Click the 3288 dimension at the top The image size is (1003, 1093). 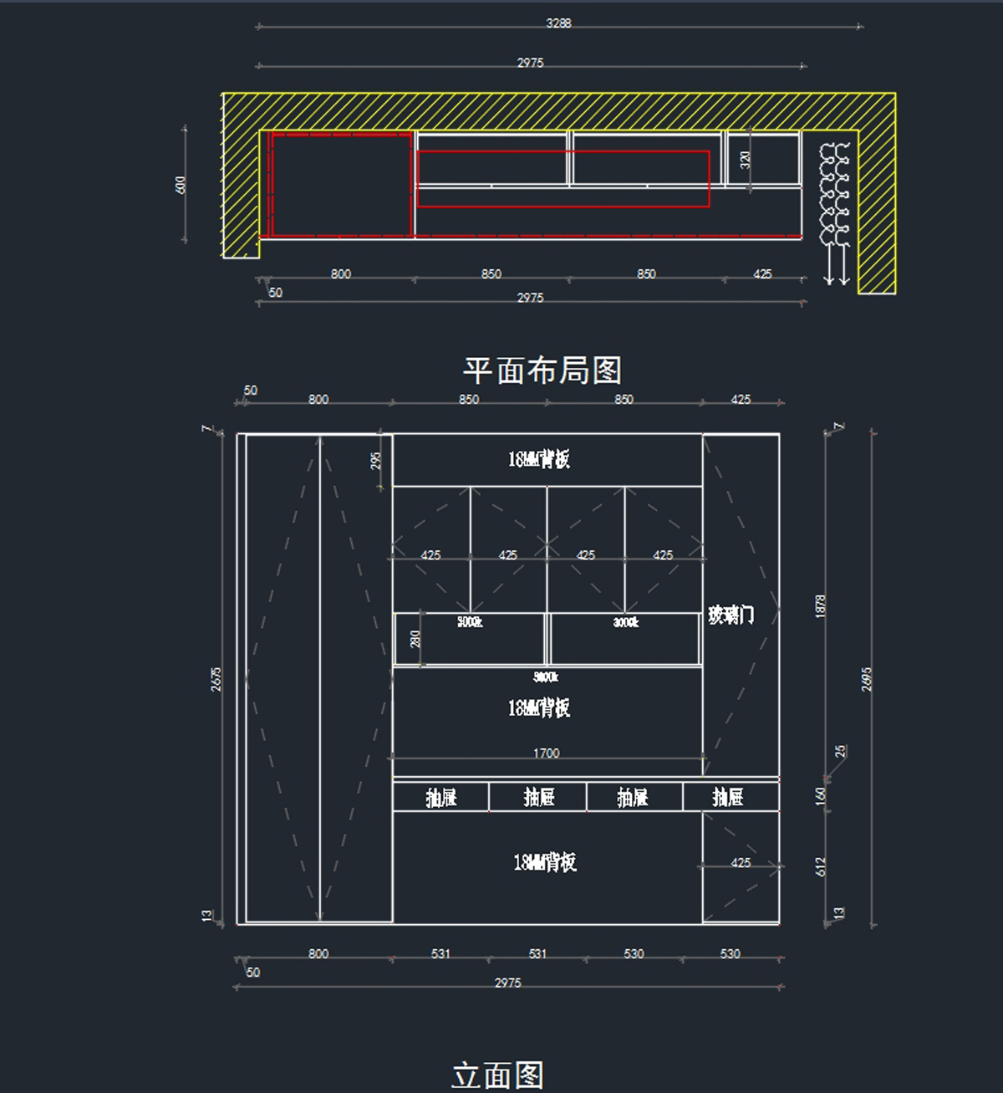pyautogui.click(x=558, y=23)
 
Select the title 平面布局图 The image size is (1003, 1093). pyautogui.click(x=542, y=370)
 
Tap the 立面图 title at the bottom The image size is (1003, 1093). pyautogui.click(x=498, y=1075)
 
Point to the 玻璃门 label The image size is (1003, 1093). pyautogui.click(x=731, y=615)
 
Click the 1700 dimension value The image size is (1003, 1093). pyautogui.click(x=546, y=753)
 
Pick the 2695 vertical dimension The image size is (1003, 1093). pyautogui.click(x=867, y=679)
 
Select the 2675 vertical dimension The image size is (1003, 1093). pyautogui.click(x=216, y=679)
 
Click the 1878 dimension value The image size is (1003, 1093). pyautogui.click(x=821, y=606)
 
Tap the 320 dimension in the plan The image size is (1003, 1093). pyautogui.click(x=746, y=159)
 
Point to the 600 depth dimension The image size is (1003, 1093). pyautogui.click(x=181, y=185)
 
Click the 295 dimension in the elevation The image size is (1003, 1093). pyautogui.click(x=376, y=460)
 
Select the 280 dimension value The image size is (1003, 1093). pyautogui.click(x=415, y=639)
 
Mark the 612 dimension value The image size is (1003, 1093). pyautogui.click(x=821, y=866)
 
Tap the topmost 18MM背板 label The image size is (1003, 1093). pyautogui.click(x=539, y=459)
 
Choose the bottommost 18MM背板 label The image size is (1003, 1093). pyautogui.click(x=545, y=862)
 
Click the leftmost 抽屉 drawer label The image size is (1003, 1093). pyautogui.click(x=441, y=798)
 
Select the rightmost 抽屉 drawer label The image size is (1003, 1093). pyautogui.click(x=728, y=798)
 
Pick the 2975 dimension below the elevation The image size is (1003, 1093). pyautogui.click(x=507, y=983)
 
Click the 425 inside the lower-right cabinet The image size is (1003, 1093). pyautogui.click(x=741, y=862)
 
